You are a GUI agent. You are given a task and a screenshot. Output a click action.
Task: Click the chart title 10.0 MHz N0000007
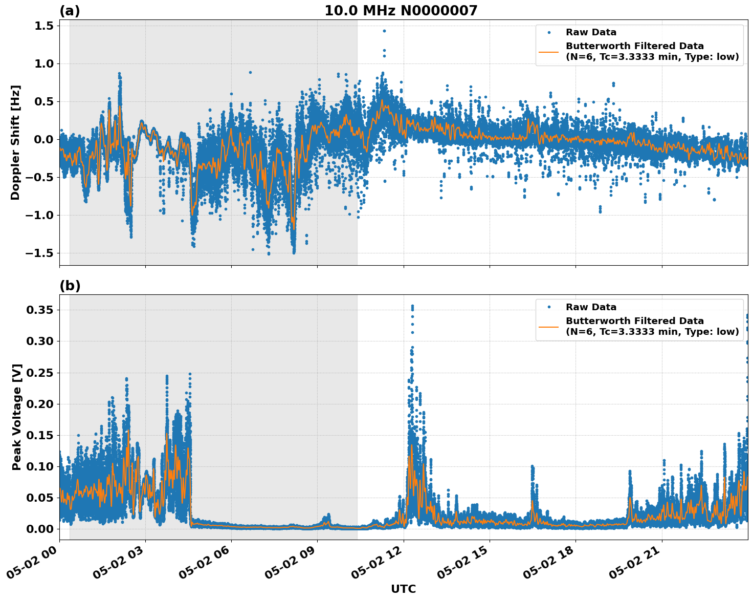coord(401,11)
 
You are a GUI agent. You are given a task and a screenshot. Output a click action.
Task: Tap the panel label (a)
coord(70,11)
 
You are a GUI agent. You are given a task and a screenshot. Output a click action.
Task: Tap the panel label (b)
coord(70,286)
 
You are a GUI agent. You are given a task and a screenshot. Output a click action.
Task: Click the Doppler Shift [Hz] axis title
coord(16,142)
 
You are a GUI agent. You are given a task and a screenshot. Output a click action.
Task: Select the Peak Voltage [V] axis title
coord(17,417)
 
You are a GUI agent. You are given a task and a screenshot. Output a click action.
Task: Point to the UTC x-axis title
coord(403,589)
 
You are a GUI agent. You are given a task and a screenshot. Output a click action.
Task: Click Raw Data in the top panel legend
coord(591,32)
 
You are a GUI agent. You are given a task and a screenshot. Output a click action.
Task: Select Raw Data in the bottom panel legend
coord(591,307)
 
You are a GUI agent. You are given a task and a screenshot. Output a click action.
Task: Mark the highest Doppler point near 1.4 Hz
coord(384,31)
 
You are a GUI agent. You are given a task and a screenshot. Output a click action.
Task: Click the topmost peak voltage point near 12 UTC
coord(412,306)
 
